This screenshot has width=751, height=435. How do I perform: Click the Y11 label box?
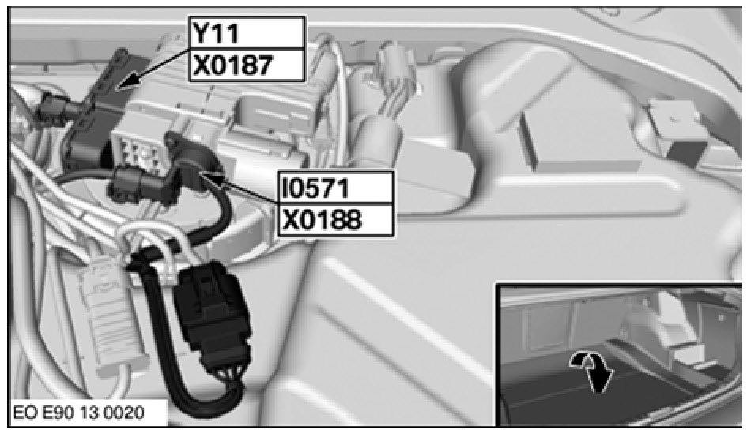[247, 32]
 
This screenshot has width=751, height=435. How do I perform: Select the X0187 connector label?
[247, 65]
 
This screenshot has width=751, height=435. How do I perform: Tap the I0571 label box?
[336, 187]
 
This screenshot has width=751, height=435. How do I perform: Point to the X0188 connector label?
[336, 220]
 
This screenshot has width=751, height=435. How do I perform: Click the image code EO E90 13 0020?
[78, 413]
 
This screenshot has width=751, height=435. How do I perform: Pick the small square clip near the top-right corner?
[676, 130]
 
